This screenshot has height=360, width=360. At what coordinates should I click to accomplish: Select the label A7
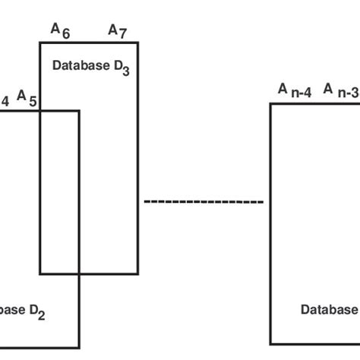point(117,30)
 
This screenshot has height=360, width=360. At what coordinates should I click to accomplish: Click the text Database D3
point(90,67)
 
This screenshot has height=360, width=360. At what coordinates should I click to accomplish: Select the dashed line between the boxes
point(204,202)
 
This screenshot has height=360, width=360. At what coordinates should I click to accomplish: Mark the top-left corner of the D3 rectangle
point(40,43)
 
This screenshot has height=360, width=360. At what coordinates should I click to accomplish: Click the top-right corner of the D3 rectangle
point(137,43)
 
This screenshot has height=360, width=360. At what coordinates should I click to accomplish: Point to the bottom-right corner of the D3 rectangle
point(137,273)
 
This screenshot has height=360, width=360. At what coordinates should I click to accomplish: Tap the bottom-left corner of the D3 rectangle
point(40,273)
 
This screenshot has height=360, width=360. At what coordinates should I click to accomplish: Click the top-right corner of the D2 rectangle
point(79,111)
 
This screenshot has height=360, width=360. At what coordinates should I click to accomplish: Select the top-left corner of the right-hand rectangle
point(271,104)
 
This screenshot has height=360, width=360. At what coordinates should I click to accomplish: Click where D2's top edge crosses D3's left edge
point(40,111)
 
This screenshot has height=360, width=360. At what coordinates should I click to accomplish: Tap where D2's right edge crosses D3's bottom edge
point(79,273)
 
